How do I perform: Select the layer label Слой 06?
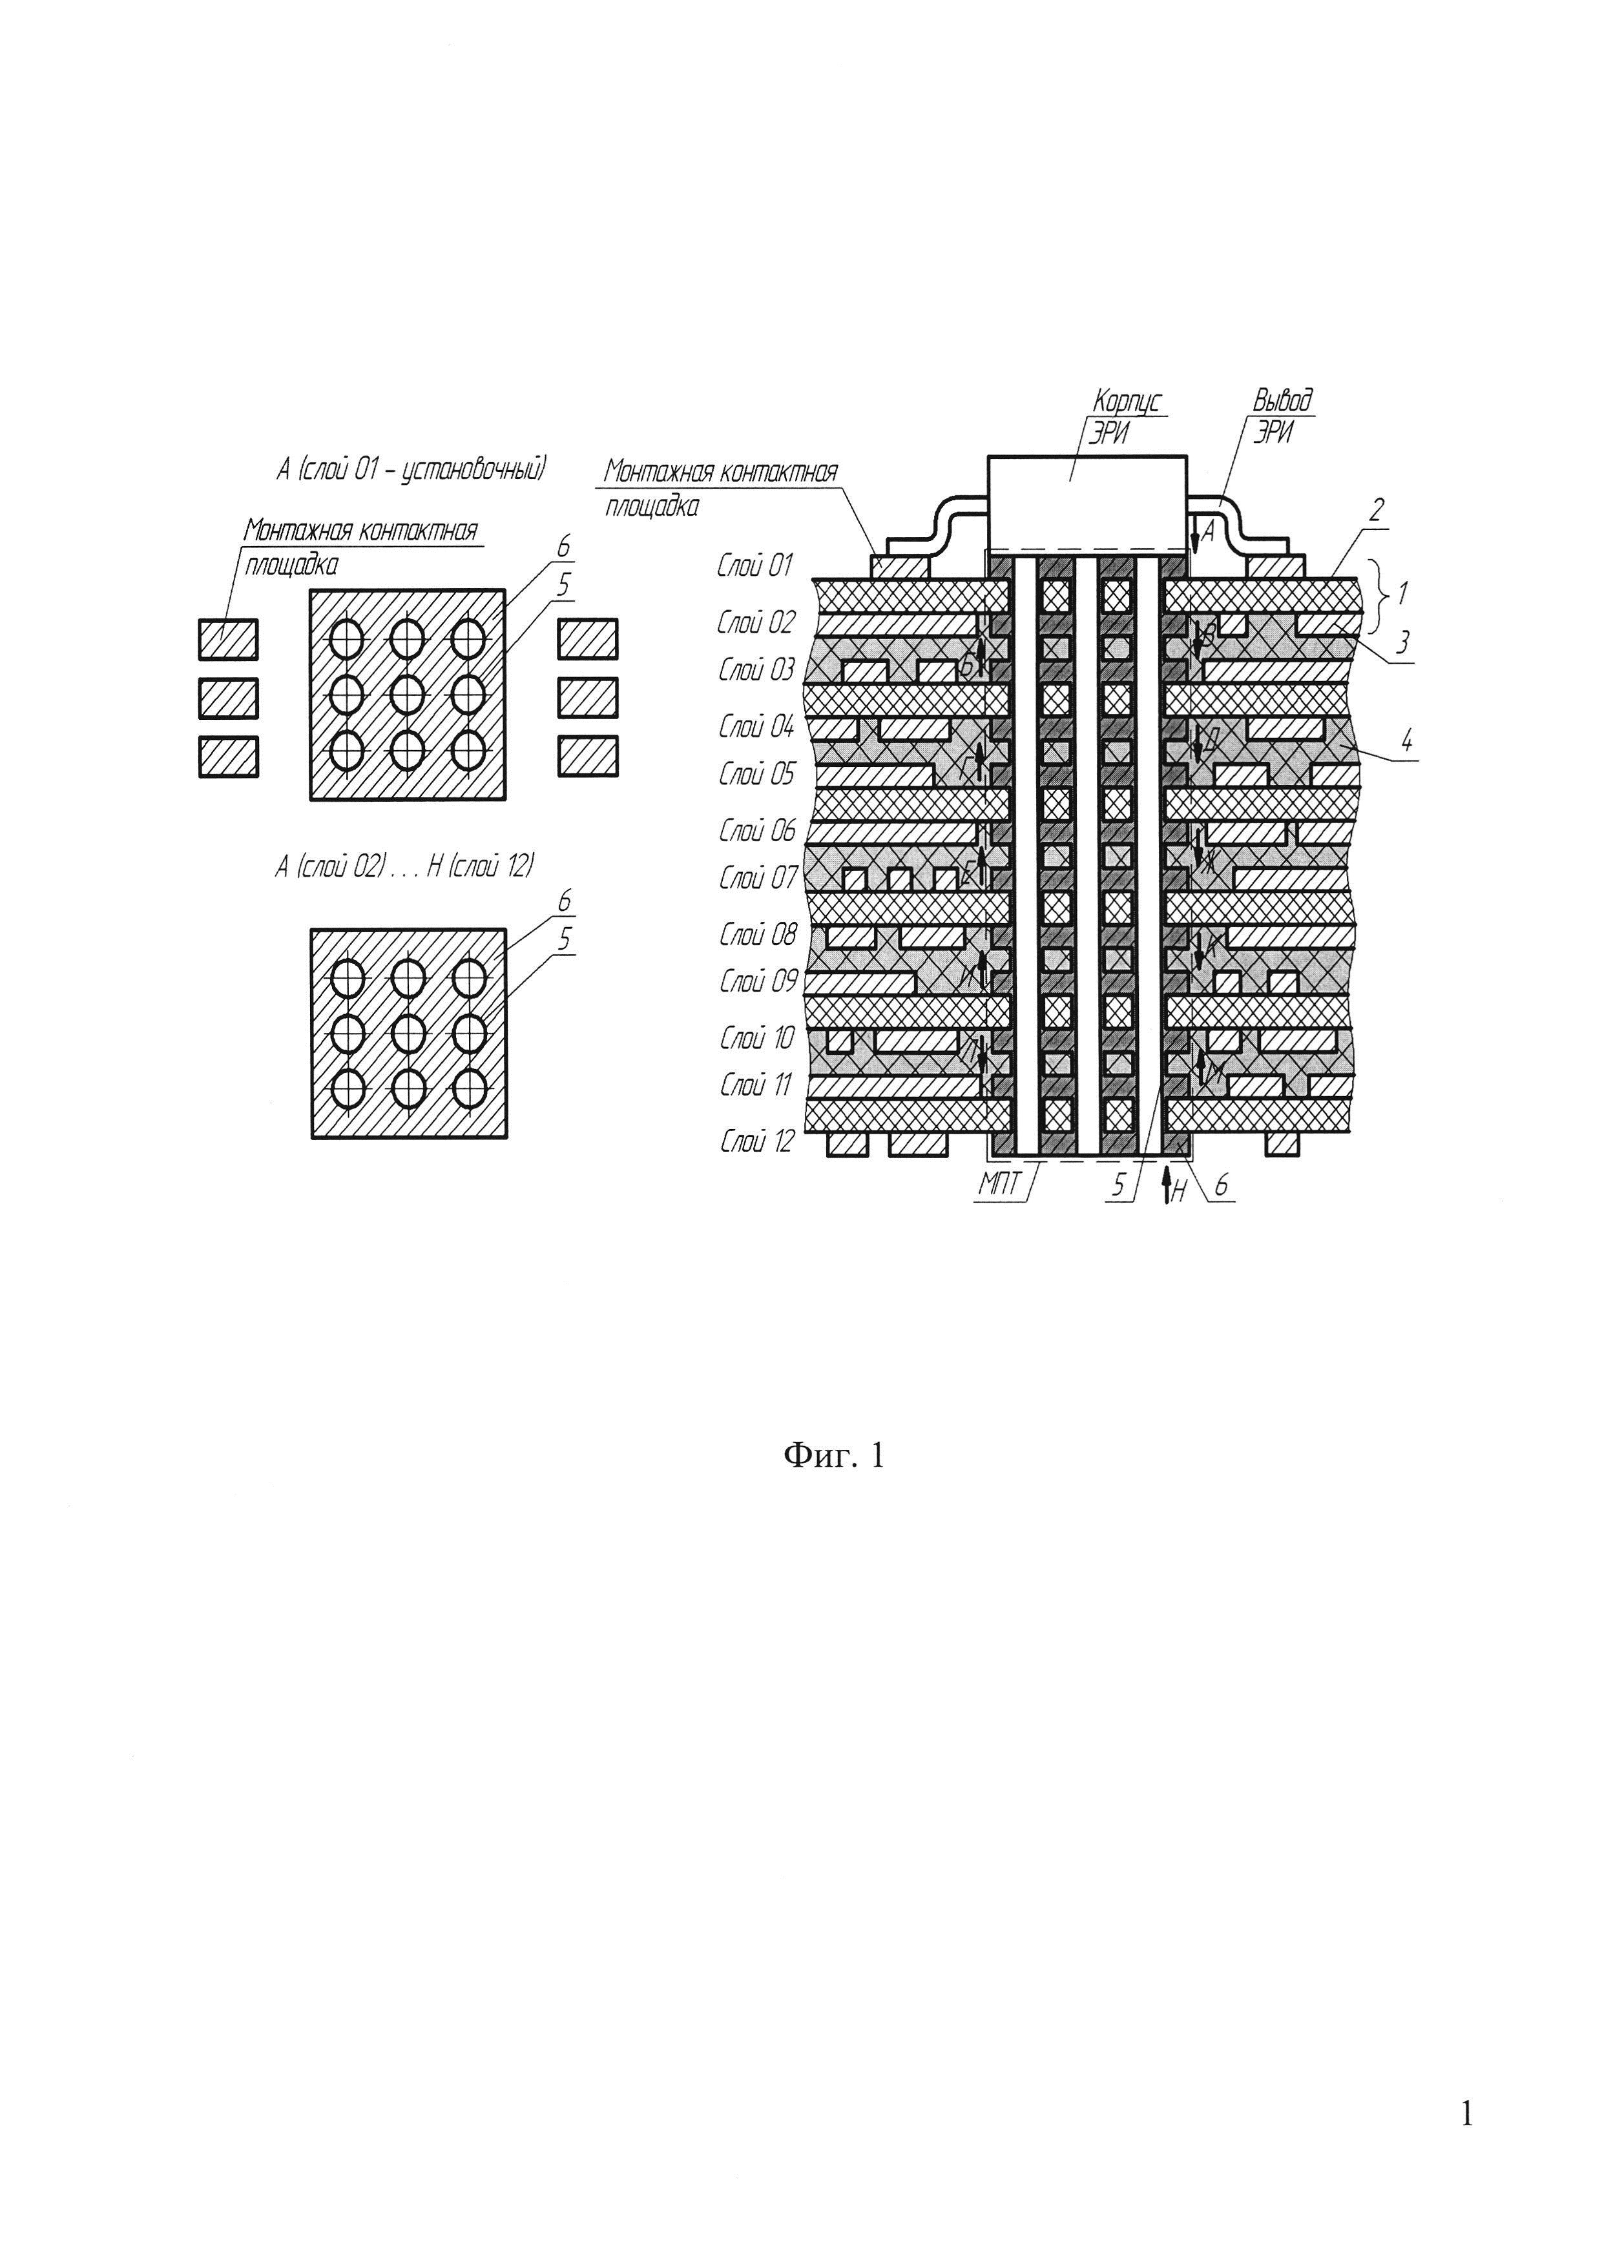(x=756, y=831)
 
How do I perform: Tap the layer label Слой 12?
(x=756, y=1142)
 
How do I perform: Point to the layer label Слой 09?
(x=756, y=981)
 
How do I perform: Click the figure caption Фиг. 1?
(x=833, y=1455)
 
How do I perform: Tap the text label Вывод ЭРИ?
(x=1282, y=416)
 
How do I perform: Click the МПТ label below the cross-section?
(x=999, y=1184)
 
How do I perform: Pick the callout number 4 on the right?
(x=1407, y=740)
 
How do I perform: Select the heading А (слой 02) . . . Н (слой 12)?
(x=404, y=867)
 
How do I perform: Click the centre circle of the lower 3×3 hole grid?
(x=408, y=1034)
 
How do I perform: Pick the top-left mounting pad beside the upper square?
(x=228, y=639)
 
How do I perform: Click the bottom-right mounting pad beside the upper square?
(x=588, y=757)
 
